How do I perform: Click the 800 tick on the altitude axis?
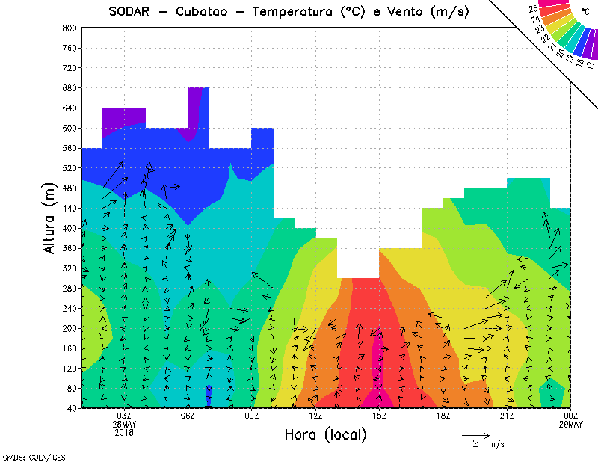[70, 28]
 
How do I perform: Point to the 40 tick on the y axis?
[72, 408]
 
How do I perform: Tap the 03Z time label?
[124, 416]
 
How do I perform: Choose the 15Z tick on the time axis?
[380, 416]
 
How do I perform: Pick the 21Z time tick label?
[507, 416]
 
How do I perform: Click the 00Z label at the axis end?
[571, 416]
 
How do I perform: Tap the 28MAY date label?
[124, 424]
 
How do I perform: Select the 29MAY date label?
[571, 424]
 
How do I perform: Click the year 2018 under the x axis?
[124, 432]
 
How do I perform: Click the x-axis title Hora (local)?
[325, 434]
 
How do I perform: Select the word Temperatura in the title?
[295, 11]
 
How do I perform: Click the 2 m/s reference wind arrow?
[475, 434]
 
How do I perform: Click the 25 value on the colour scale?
[532, 8]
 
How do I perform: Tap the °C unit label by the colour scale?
[585, 11]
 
